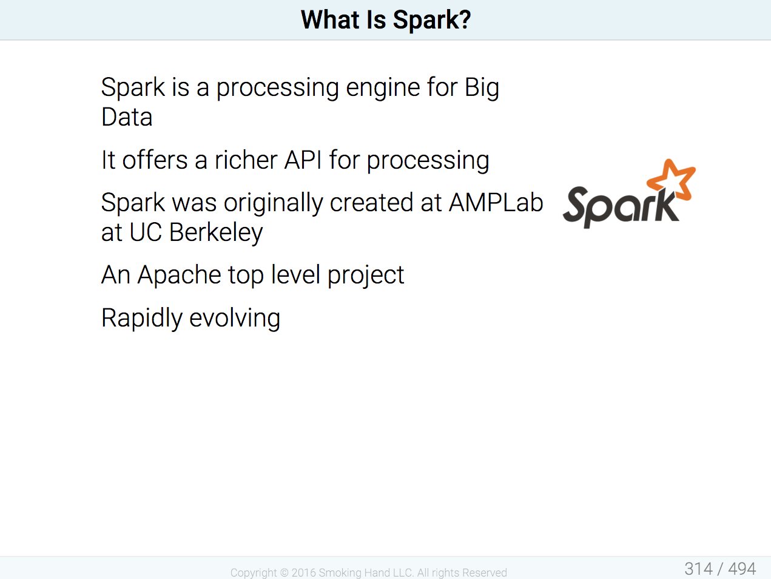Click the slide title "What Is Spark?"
point(386,20)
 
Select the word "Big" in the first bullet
point(482,88)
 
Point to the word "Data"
point(127,117)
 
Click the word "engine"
point(383,88)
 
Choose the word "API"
point(303,160)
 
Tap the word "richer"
point(246,160)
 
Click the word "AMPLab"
point(496,203)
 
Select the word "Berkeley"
point(216,232)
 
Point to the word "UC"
point(146,232)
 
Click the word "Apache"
point(179,275)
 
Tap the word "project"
point(366,275)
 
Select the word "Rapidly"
point(142,318)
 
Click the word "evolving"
point(235,318)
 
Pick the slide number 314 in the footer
point(698,569)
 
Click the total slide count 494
point(742,569)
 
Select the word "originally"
point(273,203)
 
